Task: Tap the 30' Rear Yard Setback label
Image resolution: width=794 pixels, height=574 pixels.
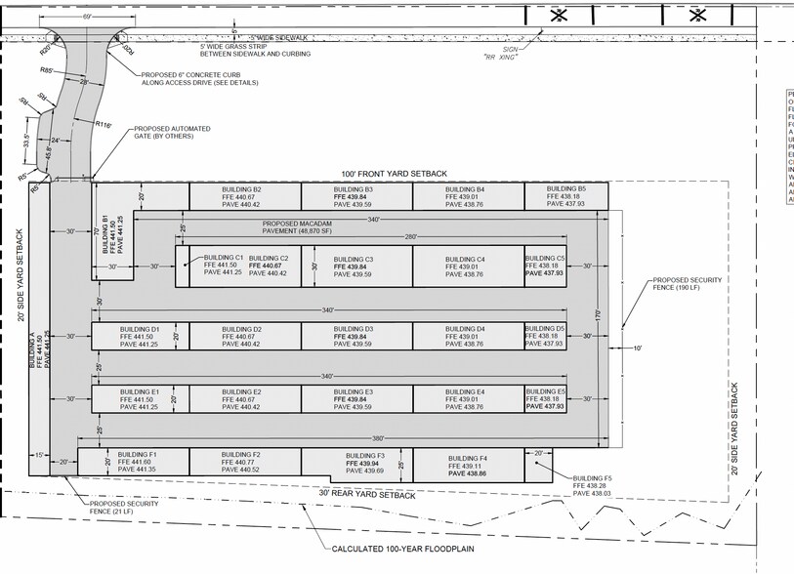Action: point(366,495)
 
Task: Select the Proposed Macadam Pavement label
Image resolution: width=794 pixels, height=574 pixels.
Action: point(310,228)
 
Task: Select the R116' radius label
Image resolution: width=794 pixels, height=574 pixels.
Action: point(104,124)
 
